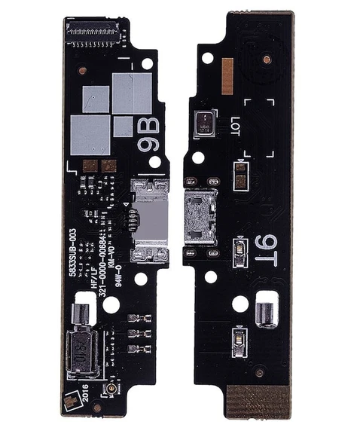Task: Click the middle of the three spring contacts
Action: pyautogui.click(x=136, y=332)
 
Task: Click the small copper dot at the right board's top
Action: pyautogui.click(x=267, y=58)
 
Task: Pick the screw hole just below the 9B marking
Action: pyautogui.click(x=154, y=162)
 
